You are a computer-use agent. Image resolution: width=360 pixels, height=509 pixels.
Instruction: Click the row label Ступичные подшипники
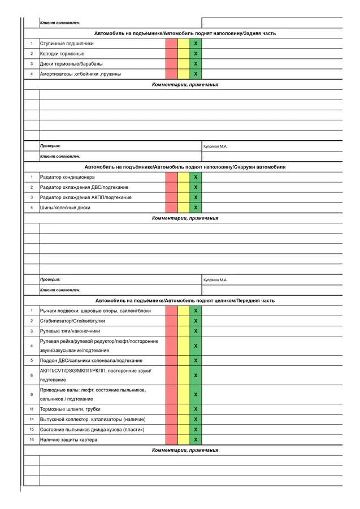pos(67,44)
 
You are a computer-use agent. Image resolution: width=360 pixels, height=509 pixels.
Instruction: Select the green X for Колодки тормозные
pos(196,54)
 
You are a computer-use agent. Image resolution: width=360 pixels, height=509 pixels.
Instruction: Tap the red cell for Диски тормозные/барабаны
pos(172,64)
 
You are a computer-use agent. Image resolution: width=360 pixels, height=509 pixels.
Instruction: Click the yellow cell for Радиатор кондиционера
pos(184,177)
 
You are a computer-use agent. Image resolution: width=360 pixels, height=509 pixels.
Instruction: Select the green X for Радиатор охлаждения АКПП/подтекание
pos(196,197)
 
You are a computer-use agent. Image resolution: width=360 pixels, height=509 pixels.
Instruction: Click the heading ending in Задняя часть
pos(185,33)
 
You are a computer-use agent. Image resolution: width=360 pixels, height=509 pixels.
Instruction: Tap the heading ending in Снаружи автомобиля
pos(185,167)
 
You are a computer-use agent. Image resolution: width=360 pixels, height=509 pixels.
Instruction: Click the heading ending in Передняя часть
pos(185,300)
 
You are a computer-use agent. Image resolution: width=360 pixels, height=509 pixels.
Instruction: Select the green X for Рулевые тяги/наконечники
pos(196,331)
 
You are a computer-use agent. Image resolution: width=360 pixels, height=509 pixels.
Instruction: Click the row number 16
pos(32,439)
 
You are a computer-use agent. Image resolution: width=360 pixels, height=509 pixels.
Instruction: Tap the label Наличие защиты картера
pos(68,439)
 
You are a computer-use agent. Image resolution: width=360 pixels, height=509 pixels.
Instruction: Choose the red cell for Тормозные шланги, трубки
pos(172,409)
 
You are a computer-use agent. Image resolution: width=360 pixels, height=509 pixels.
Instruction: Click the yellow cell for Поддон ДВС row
pos(184,360)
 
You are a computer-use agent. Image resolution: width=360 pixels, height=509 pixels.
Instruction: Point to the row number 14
pos(32,419)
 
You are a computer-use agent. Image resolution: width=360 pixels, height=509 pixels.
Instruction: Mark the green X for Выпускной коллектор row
pos(196,419)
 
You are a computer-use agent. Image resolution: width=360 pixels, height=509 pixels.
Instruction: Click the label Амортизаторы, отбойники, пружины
pos(80,74)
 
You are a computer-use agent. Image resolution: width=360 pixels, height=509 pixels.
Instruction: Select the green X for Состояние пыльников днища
pos(196,429)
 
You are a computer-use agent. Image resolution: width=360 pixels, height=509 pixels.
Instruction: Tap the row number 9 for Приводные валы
pos(32,394)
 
